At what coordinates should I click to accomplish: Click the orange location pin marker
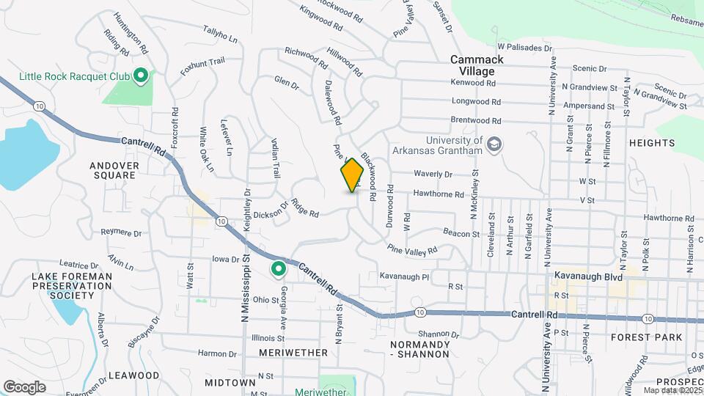point(352,175)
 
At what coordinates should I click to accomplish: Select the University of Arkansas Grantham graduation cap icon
point(494,144)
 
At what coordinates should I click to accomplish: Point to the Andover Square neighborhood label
point(114,170)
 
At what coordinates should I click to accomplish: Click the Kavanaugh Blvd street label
point(594,277)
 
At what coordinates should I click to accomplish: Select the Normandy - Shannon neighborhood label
point(419,349)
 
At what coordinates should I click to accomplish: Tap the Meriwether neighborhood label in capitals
point(293,353)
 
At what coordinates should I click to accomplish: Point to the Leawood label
point(133,375)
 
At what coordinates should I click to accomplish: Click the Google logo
point(24,386)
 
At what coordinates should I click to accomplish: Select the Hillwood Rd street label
point(345,63)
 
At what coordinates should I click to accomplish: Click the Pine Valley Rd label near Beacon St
point(412,249)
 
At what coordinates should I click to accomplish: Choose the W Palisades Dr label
point(524,47)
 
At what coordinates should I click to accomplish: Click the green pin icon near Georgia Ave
point(278,270)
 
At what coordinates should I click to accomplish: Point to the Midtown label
point(230,383)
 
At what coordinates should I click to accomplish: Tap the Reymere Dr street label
point(121,232)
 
